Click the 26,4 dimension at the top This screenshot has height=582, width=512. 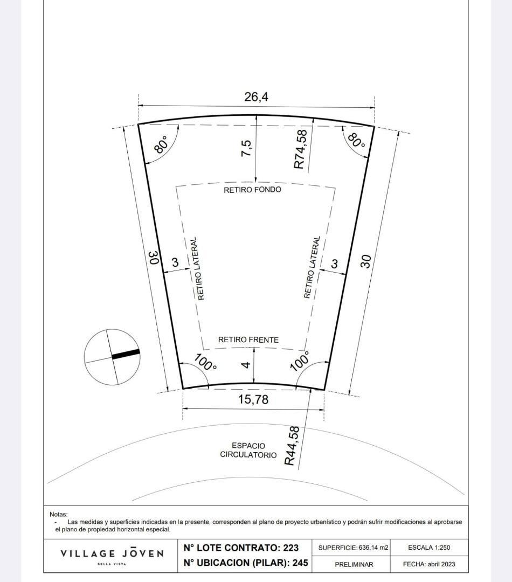(x=256, y=97)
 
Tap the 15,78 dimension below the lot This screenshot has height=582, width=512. (x=253, y=400)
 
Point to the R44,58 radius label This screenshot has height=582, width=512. (x=292, y=446)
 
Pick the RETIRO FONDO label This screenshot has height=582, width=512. (x=252, y=190)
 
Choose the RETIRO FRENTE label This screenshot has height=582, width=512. (x=248, y=339)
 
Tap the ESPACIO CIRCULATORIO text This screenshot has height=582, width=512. (x=248, y=451)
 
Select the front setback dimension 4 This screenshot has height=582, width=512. (x=246, y=365)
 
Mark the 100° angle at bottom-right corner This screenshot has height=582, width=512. (x=300, y=361)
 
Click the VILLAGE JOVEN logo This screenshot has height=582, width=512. (x=112, y=554)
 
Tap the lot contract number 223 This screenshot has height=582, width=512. (x=290, y=548)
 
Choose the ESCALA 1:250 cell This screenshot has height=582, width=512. (x=429, y=548)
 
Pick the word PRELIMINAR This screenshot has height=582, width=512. (x=354, y=564)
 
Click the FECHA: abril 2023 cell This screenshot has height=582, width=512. (x=429, y=564)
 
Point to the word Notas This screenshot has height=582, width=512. (x=59, y=515)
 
